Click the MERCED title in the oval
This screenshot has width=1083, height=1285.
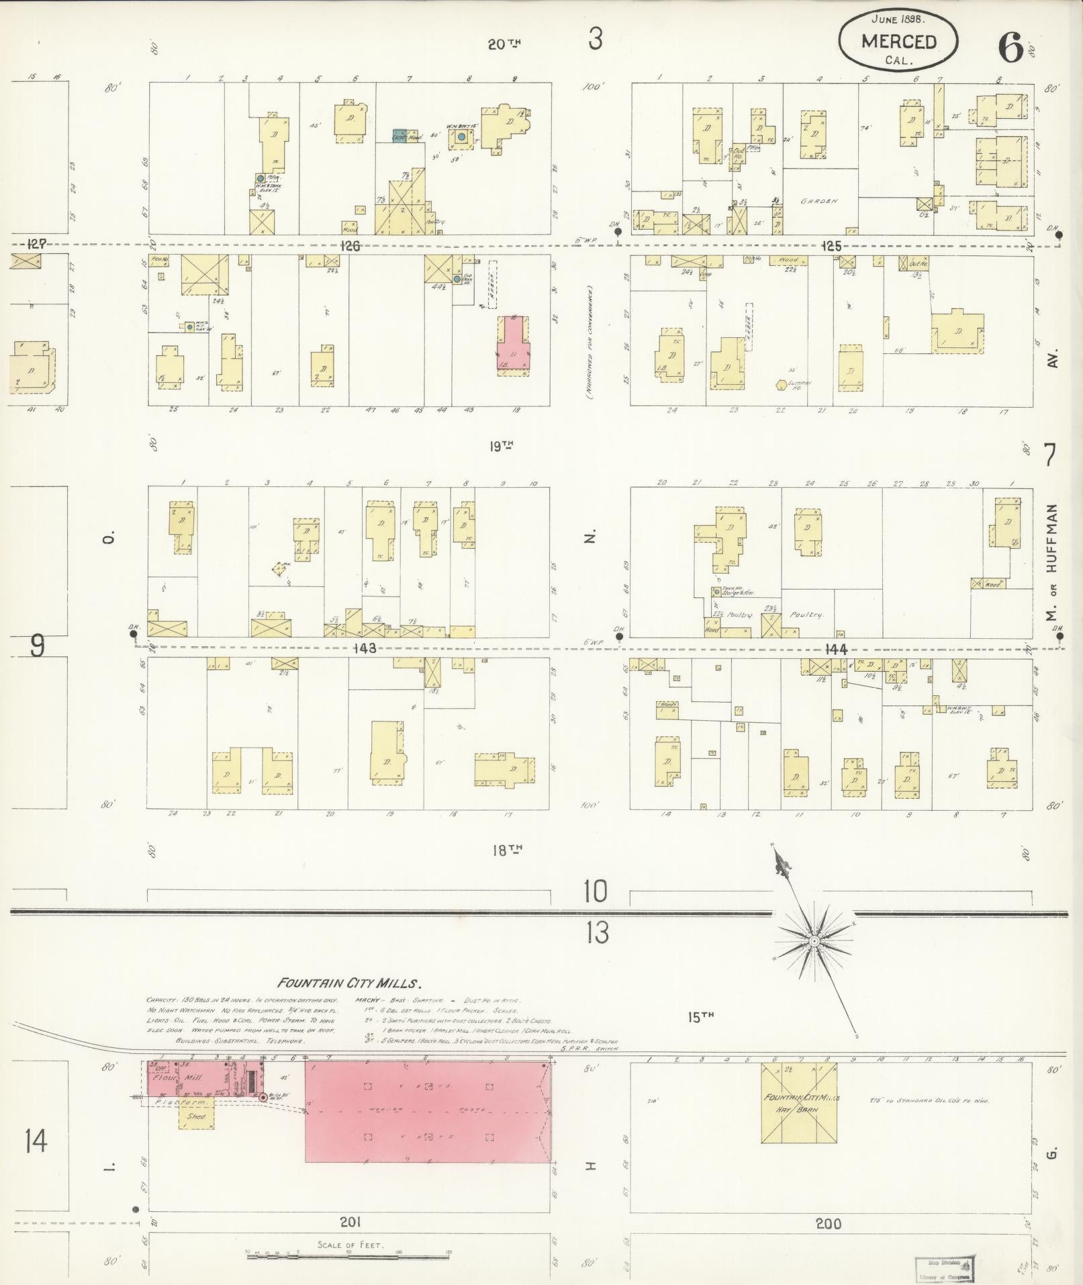pyautogui.click(x=898, y=42)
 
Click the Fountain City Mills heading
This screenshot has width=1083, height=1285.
pyautogui.click(x=349, y=984)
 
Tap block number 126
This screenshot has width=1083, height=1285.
pyautogui.click(x=350, y=247)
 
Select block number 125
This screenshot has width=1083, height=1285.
pyautogui.click(x=831, y=247)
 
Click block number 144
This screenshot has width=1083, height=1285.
pyautogui.click(x=836, y=649)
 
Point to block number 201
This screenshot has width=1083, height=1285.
pyautogui.click(x=350, y=1222)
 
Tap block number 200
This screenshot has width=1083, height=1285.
pyautogui.click(x=828, y=1223)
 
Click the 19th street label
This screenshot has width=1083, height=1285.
pyautogui.click(x=501, y=445)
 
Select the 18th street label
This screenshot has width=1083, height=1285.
pyautogui.click(x=507, y=850)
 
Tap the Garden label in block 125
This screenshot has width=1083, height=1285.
pyautogui.click(x=819, y=201)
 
